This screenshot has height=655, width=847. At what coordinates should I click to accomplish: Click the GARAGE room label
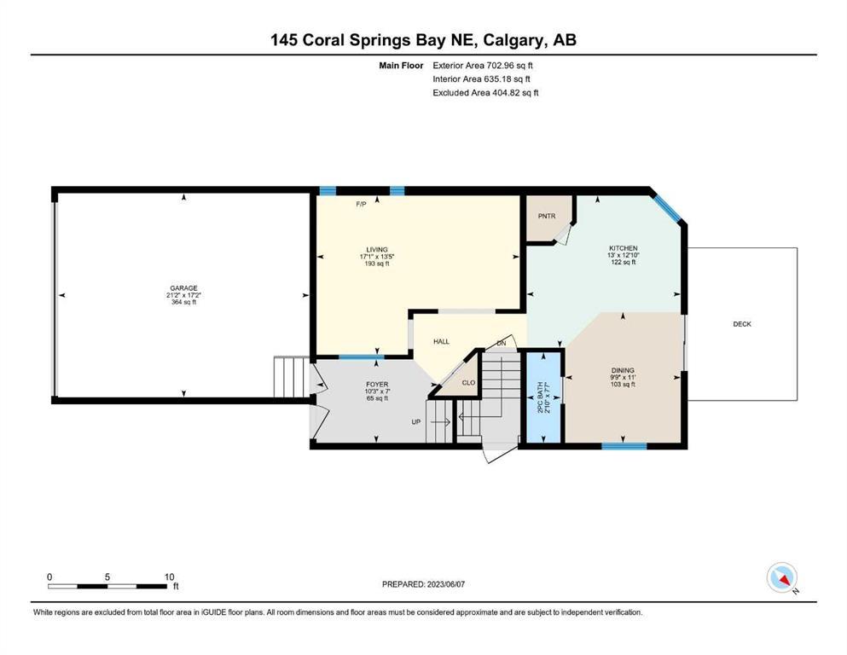tap(183, 288)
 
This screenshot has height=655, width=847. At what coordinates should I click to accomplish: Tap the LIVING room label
tap(377, 250)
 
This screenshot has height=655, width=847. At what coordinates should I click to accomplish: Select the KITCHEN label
tap(624, 248)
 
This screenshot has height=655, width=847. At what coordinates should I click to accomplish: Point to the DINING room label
tap(623, 370)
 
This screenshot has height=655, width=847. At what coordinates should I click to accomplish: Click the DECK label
tap(742, 324)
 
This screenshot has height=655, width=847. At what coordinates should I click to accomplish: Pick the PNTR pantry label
tap(547, 216)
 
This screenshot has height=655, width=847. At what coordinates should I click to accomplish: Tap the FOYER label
tap(377, 385)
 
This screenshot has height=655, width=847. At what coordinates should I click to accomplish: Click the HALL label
tap(441, 341)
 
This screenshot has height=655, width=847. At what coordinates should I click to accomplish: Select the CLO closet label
tap(468, 382)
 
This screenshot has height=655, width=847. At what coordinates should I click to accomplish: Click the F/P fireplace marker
tap(361, 204)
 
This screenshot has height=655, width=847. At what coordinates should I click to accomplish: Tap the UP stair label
tap(416, 421)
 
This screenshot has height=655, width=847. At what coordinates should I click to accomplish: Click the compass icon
tap(781, 577)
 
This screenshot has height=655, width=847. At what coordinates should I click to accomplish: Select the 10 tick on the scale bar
tap(170, 577)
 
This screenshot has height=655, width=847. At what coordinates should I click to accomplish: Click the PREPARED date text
tap(423, 584)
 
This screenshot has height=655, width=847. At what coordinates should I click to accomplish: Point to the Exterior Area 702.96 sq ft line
tap(483, 66)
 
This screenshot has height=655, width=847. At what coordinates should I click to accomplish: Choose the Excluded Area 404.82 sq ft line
tap(485, 92)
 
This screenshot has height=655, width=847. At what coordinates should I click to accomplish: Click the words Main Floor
tap(401, 66)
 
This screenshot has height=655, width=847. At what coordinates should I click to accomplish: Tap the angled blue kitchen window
tap(667, 208)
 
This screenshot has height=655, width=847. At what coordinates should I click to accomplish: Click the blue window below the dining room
tap(624, 446)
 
